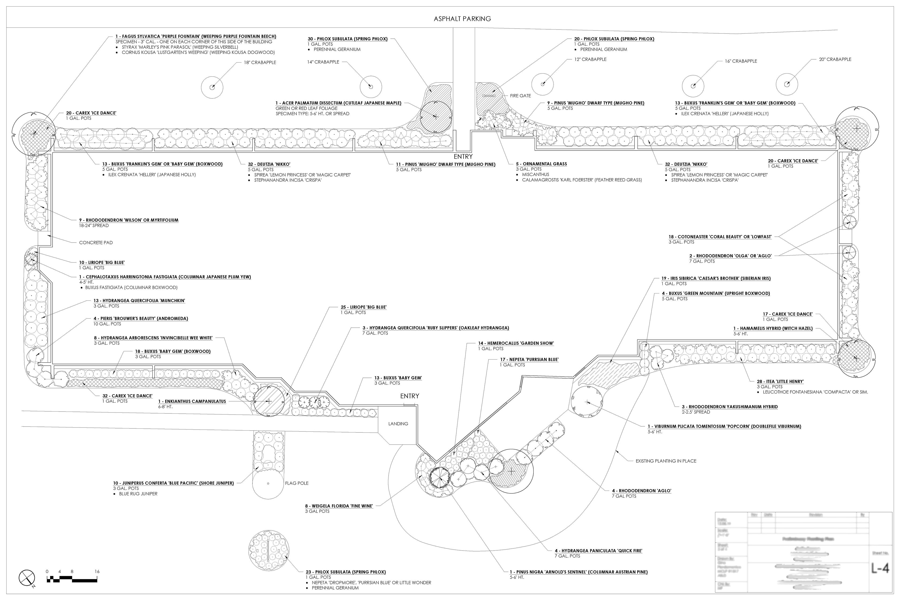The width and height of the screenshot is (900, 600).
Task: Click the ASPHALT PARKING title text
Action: click(462, 19)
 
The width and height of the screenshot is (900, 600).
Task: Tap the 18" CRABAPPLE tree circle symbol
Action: click(212, 87)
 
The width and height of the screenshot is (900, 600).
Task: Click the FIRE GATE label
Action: click(520, 96)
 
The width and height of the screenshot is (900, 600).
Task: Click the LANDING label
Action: click(398, 424)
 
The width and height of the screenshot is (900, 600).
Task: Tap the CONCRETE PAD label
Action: click(96, 243)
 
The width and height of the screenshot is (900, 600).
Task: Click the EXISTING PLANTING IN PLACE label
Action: click(666, 461)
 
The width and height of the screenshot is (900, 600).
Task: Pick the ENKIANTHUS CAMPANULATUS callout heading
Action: click(192, 401)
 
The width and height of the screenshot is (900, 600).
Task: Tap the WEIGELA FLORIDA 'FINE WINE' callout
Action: click(339, 506)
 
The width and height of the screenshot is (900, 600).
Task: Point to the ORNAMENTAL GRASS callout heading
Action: click(541, 164)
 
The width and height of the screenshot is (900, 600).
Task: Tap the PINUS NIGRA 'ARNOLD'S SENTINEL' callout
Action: click(579, 572)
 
